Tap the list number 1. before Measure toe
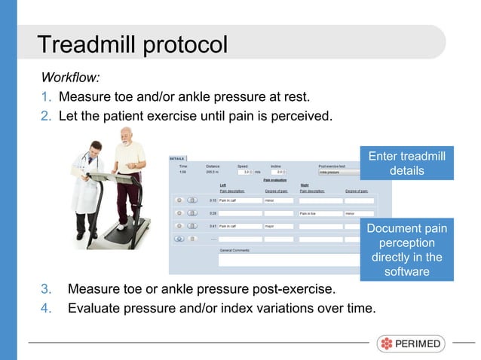[46, 98]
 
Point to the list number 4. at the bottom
[46, 308]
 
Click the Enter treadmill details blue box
[406, 163]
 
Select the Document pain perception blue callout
[406, 249]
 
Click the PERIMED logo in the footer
[411, 343]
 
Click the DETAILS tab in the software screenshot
[177, 159]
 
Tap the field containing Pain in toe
[320, 213]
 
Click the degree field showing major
[283, 226]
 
